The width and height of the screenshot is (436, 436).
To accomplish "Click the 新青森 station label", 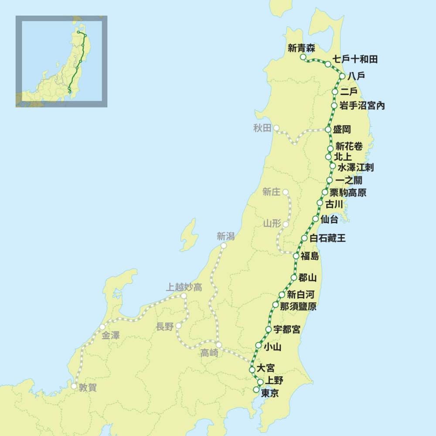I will click(x=301, y=48).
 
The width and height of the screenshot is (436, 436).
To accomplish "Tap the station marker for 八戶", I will click(x=342, y=76).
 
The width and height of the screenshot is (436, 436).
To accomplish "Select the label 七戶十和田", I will click(x=355, y=59).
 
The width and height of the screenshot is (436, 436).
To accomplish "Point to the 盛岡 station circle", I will click(x=328, y=129).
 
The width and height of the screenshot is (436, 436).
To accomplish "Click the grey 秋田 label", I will click(x=262, y=128).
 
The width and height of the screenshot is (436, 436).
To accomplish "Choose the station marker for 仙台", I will click(x=316, y=219).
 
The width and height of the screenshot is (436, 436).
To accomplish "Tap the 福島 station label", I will click(x=310, y=256).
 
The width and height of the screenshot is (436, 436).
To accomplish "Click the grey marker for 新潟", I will click(x=224, y=245).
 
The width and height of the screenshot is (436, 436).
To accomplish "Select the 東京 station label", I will click(x=269, y=393).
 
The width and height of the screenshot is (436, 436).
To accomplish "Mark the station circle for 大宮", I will click(x=252, y=370).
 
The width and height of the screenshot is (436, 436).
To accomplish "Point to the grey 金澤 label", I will click(x=111, y=336).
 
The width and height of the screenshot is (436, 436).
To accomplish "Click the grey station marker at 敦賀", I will click(x=75, y=386).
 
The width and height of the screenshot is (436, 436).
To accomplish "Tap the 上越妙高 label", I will click(x=184, y=287).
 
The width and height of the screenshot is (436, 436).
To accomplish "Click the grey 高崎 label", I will click(x=209, y=354).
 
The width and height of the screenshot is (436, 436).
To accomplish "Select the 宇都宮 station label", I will click(x=287, y=330).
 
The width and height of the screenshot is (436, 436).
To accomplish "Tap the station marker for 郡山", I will click(x=294, y=277).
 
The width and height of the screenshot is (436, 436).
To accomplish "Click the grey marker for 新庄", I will click(x=286, y=192).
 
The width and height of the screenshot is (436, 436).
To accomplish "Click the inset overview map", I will click(x=61, y=61).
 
